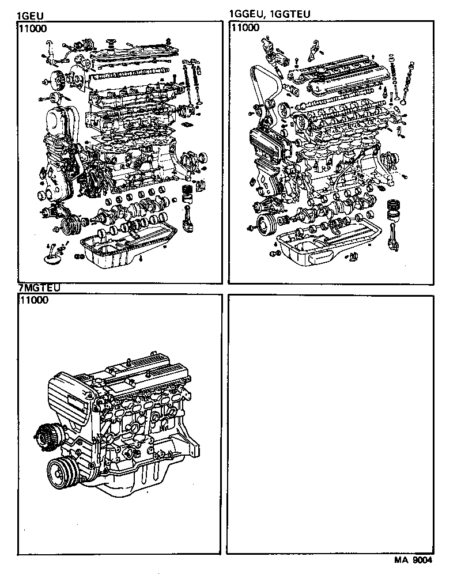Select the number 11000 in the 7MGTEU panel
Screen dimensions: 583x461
(x=33, y=300)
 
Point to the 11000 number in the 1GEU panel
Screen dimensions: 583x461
(x=33, y=27)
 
